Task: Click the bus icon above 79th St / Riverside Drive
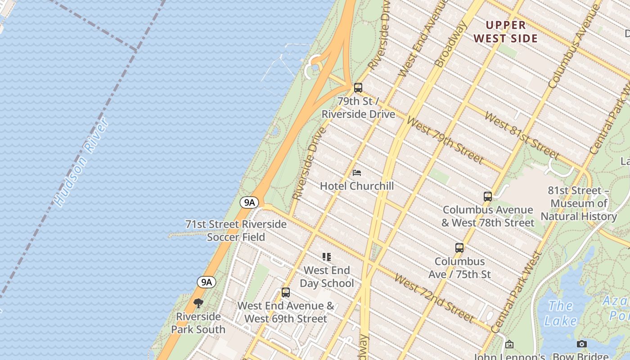coord(358,88)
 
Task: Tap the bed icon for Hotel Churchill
coord(357,173)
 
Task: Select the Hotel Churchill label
coord(357,186)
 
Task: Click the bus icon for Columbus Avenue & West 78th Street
coord(488,196)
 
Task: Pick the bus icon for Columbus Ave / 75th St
coord(459,247)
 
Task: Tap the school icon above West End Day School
coord(327,257)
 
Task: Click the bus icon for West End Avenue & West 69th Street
coord(286,292)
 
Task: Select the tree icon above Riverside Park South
coord(198,303)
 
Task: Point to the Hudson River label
coord(81,162)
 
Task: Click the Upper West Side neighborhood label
coord(506,31)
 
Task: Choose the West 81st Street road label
coord(522,135)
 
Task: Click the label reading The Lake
coord(560,313)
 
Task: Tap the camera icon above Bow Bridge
coord(582,344)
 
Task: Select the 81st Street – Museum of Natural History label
coord(579,203)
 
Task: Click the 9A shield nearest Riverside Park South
coord(206,282)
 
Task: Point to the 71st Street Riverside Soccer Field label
coord(236,230)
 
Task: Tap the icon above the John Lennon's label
coord(509,344)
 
